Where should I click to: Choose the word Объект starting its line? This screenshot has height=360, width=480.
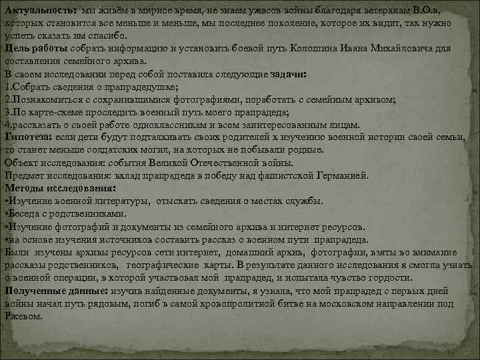(x=21, y=162)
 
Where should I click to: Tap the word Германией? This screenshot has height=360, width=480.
(x=339, y=175)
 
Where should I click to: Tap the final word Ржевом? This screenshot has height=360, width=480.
(x=23, y=316)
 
